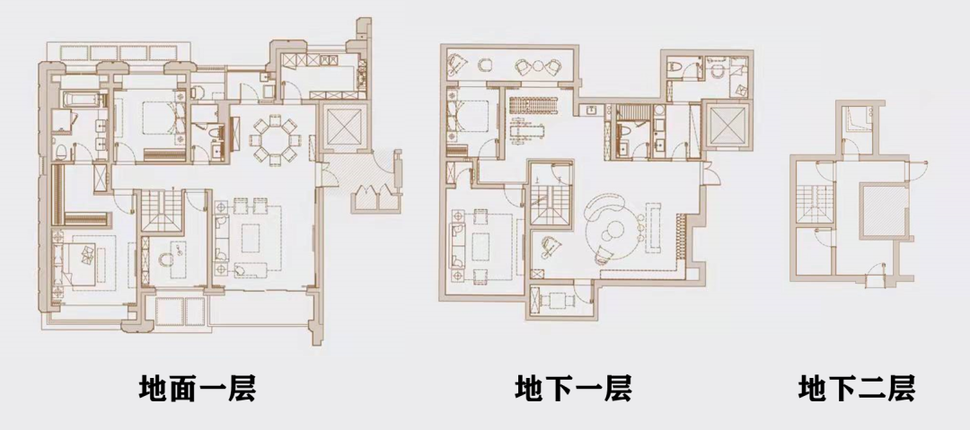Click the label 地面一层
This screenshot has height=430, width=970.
click(198, 389)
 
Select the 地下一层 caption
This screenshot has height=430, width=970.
click(573, 389)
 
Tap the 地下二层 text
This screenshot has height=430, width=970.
click(856, 389)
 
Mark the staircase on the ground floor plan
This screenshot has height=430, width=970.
click(161, 212)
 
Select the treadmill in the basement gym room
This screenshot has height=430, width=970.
click(533, 102)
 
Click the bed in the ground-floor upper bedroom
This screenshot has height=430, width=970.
click(153, 117)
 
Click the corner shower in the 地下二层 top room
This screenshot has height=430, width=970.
click(860, 117)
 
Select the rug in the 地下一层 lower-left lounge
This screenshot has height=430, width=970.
click(485, 236)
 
